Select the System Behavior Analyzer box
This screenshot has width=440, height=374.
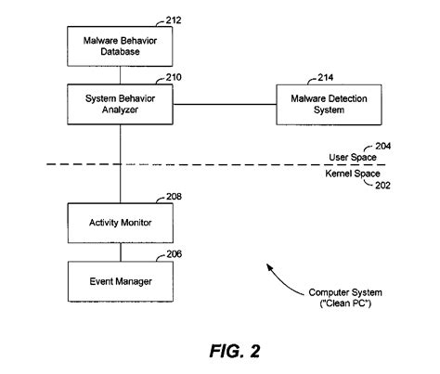120,104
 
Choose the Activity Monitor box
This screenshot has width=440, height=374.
120,223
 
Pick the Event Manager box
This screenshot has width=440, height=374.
120,280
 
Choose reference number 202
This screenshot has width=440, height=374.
381,186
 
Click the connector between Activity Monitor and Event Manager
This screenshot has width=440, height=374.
120,251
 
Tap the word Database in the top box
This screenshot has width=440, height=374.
120,52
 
